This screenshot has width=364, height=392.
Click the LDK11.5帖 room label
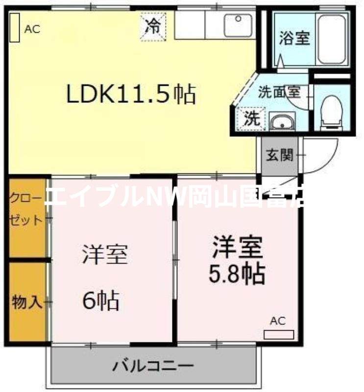[x=131, y=94]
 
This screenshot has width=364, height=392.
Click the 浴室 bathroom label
[x=294, y=39]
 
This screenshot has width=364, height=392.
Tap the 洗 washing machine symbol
[x=251, y=118]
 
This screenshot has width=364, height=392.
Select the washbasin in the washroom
[x=281, y=122]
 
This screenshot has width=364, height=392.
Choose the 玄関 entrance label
[x=280, y=156]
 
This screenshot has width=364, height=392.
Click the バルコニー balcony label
[x=154, y=365]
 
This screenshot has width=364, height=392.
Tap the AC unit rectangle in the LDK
[x=14, y=28]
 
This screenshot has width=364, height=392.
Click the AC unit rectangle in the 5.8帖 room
[x=279, y=335]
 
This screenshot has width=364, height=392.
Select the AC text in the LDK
[x=32, y=29]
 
